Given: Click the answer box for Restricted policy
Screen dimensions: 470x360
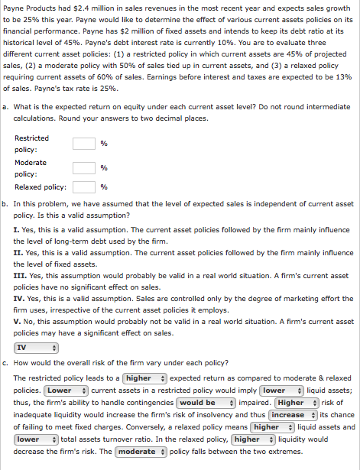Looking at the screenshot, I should (84, 143).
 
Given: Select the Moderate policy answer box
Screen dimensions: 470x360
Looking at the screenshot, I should (84, 167).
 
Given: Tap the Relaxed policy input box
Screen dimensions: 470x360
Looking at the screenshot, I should (84, 187).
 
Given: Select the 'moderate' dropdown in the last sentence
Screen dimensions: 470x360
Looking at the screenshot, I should (141, 452).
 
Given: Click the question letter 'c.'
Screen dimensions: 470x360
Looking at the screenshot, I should (6, 364).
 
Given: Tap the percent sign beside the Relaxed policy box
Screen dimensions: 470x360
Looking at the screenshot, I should (104, 187).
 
